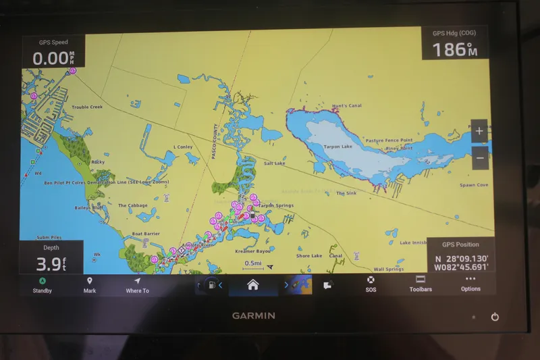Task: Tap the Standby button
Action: coord(42,284)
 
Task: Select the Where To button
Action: coord(137,284)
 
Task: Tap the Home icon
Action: coord(252,285)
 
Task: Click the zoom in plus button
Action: coord(479,131)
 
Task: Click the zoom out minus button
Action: coord(479,158)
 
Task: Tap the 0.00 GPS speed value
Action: coord(50,58)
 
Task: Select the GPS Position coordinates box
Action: coord(460,258)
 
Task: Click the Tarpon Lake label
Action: coord(337,147)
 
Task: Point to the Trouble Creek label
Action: coord(87,107)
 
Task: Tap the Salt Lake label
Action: coord(274,163)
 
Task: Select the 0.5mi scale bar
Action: coord(254,265)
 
